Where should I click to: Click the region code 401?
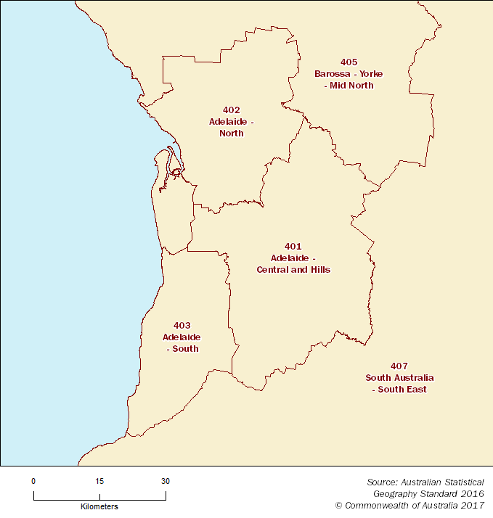293,247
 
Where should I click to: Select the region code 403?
182,325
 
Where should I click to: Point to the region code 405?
349,62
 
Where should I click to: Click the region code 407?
399,366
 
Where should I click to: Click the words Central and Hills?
293,270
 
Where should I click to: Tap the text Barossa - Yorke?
349,74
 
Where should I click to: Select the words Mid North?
351,86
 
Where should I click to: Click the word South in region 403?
185,349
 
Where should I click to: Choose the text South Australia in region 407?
399,378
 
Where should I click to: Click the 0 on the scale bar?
33,481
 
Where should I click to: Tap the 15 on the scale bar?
99,481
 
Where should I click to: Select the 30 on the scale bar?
166,481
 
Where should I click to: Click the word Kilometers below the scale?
99,506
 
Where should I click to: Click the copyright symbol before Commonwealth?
338,505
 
